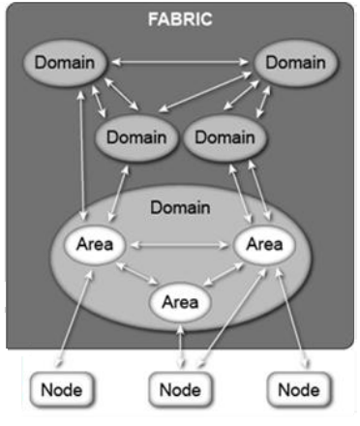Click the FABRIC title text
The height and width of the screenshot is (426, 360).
tap(180, 19)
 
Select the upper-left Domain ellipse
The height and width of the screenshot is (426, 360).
tap(65, 63)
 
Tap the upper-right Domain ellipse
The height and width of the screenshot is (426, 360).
tap(295, 63)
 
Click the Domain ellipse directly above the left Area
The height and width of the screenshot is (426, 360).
tap(136, 137)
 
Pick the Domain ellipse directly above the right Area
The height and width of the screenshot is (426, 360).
tap(225, 137)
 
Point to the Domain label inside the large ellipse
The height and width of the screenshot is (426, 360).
tap(180, 207)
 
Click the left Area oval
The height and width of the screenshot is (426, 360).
tap(95, 244)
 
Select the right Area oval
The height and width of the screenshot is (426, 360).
tap(264, 244)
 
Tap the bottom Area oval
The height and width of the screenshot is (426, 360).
tap(180, 302)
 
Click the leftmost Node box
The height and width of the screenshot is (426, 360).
tap(62, 390)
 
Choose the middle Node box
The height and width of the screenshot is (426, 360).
tap(180, 390)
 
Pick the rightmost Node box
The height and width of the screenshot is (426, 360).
tap(299, 390)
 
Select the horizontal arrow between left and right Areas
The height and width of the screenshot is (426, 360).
tap(180, 245)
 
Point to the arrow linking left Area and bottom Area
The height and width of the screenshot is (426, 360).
tap(136, 274)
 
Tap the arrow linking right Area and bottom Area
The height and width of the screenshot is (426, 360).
tap(224, 274)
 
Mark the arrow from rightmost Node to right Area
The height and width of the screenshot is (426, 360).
tap(293, 318)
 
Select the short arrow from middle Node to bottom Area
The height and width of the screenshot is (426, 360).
tap(181, 346)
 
